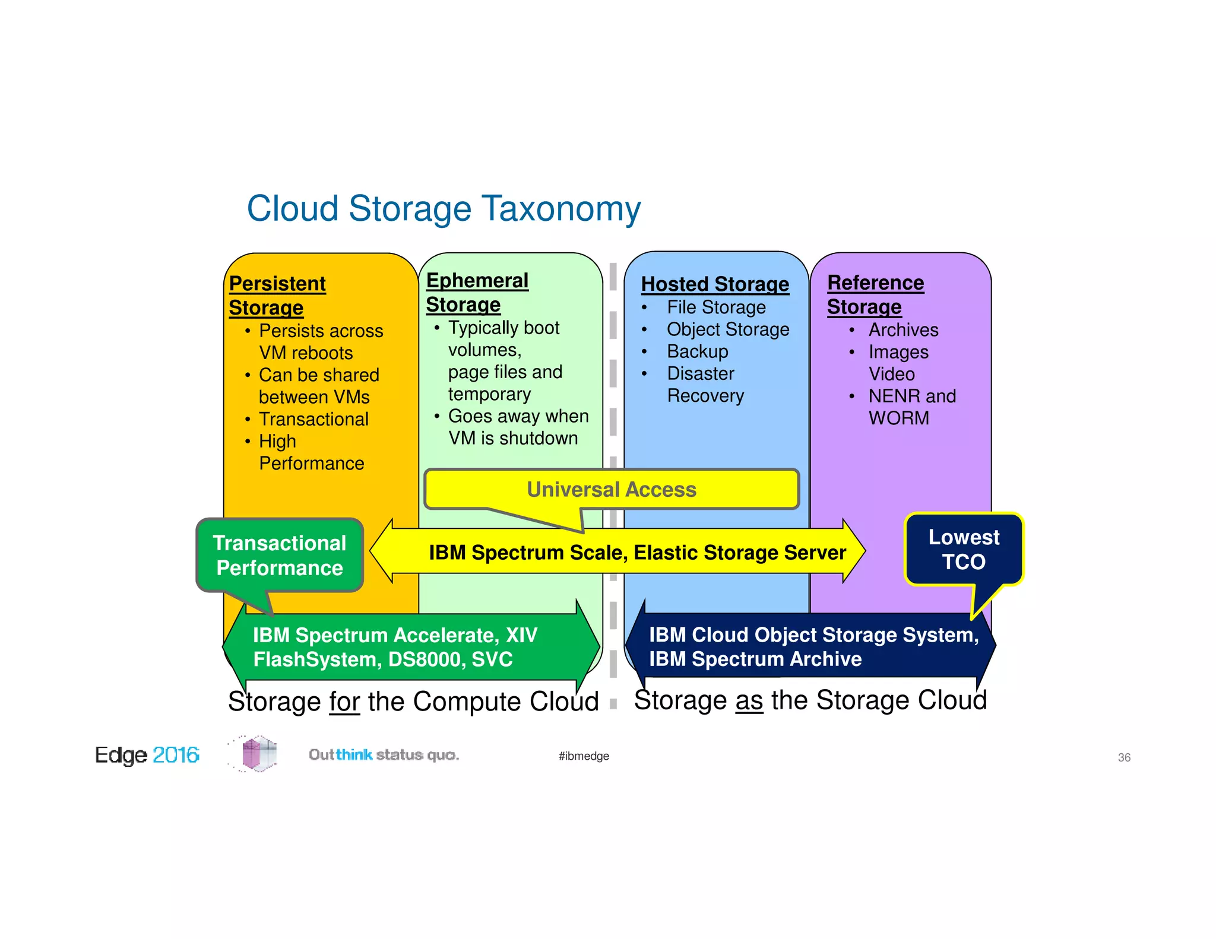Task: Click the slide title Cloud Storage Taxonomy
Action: click(x=444, y=209)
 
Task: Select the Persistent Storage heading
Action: click(x=277, y=295)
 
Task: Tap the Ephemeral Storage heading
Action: click(x=477, y=292)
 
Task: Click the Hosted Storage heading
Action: click(x=715, y=284)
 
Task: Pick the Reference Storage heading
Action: click(x=875, y=294)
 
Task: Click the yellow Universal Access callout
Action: click(x=612, y=490)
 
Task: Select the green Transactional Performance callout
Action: click(x=280, y=556)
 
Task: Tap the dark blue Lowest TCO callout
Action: click(x=964, y=550)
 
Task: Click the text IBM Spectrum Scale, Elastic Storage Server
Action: click(x=637, y=553)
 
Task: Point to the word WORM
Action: click(x=898, y=418)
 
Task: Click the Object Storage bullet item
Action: click(x=728, y=329)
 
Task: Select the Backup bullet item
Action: click(x=697, y=351)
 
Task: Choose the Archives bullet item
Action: click(x=903, y=330)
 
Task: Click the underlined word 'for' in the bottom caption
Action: click(x=344, y=702)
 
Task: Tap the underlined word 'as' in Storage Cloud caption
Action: click(x=749, y=701)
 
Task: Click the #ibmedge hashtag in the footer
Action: click(x=584, y=756)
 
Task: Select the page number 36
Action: click(x=1124, y=757)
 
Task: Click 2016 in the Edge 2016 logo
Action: click(x=176, y=755)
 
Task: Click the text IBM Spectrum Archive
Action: click(x=755, y=659)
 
